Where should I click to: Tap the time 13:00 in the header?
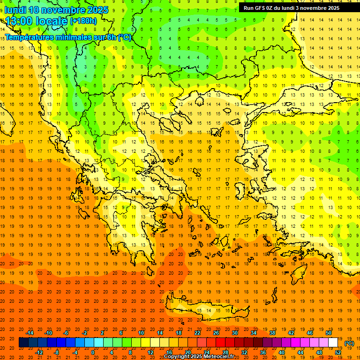coord(21,21)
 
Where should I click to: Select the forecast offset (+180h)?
coord(83,21)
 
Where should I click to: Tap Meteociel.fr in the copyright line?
coord(218,357)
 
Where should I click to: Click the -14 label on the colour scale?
coord(30,333)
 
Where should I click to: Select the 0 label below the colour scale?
coord(93,352)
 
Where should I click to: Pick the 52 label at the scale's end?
coord(338,352)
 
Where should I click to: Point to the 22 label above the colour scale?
coord(197,333)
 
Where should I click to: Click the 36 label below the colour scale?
coord(263,352)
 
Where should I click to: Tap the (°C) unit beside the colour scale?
coord(349,343)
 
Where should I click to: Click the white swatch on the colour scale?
coord(333,343)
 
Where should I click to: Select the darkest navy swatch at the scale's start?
coord(23,343)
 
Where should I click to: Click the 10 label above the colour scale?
coord(141,333)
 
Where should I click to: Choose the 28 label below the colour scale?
coord(225,352)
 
